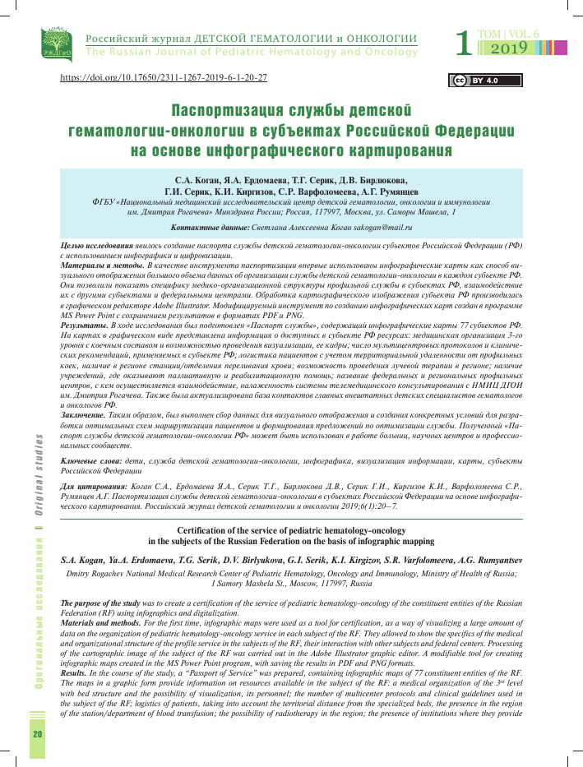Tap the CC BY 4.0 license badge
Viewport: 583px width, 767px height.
(x=473, y=81)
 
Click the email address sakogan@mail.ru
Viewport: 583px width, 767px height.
(x=375, y=226)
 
